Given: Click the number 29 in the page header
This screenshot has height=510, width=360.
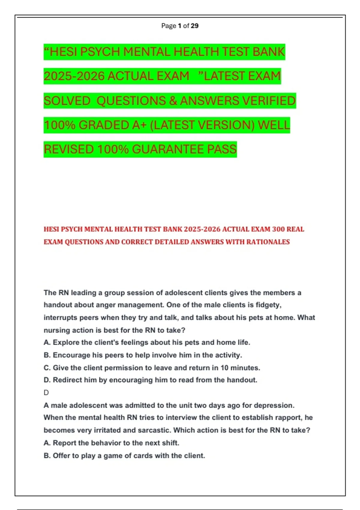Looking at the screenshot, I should point(194,26).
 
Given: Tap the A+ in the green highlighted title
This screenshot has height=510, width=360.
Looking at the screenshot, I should point(139,125).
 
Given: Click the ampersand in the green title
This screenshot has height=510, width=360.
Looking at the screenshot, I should point(173,101).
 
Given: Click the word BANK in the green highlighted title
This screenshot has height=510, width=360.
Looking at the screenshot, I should point(268,52).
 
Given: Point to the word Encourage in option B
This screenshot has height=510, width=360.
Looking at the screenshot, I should point(71,355).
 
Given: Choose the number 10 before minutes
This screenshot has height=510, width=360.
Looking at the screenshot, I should point(224,368).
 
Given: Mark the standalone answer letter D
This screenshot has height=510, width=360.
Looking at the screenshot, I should point(46,393).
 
